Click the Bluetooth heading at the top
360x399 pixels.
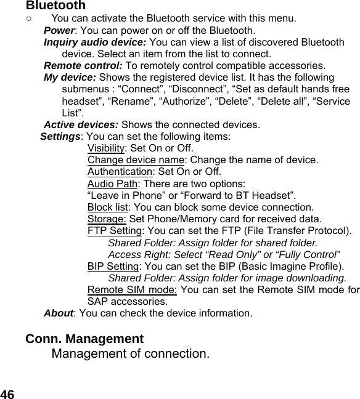(x=55, y=6)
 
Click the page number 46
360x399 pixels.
(x=8, y=393)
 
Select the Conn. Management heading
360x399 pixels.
(x=84, y=339)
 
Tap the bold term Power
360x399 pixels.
(x=59, y=31)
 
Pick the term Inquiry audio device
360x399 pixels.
(x=95, y=42)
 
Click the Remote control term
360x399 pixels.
(x=83, y=66)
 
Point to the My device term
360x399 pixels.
(x=70, y=78)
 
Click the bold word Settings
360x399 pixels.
(x=60, y=136)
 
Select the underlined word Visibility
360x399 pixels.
(x=106, y=148)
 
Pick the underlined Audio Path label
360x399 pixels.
(x=112, y=183)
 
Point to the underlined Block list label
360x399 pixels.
(x=108, y=207)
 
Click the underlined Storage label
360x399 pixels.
(x=107, y=219)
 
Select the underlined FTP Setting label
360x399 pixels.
(x=114, y=231)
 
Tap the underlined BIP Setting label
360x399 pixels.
(x=113, y=266)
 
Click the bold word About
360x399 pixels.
(x=59, y=313)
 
